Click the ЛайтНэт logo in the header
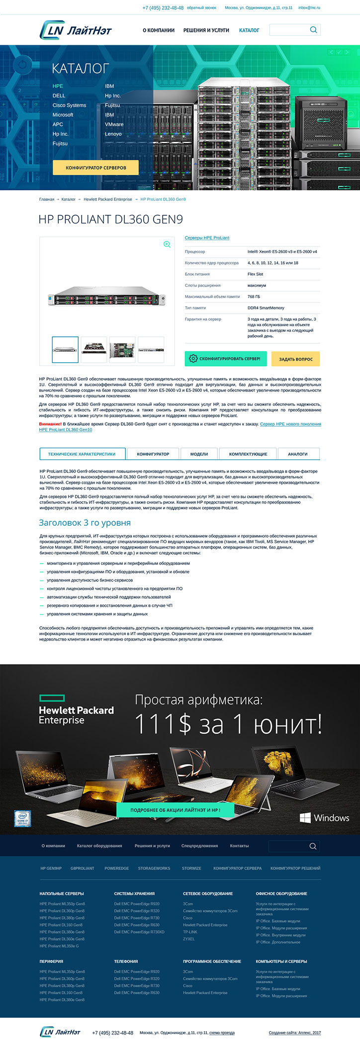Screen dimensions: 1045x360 (76, 30)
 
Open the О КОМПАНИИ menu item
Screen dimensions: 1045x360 (159, 30)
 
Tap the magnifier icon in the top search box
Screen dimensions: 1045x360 (313, 30)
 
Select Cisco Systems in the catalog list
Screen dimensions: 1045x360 (69, 105)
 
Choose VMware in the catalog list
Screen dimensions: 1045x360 (114, 124)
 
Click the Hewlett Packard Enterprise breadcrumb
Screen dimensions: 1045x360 (108, 199)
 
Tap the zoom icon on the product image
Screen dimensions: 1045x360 (167, 244)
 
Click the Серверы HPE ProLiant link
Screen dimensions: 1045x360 (207, 238)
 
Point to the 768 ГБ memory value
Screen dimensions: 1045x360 (254, 296)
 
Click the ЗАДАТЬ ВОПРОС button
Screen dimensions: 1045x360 (296, 359)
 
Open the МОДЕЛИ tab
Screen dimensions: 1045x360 (199, 454)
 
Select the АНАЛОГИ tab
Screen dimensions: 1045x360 (297, 454)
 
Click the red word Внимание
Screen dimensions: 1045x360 (50, 424)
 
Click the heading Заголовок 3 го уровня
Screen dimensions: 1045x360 (85, 523)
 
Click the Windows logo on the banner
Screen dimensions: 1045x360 (324, 818)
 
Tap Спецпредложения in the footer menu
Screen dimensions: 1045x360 (199, 846)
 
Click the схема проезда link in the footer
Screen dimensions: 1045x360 (222, 1033)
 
